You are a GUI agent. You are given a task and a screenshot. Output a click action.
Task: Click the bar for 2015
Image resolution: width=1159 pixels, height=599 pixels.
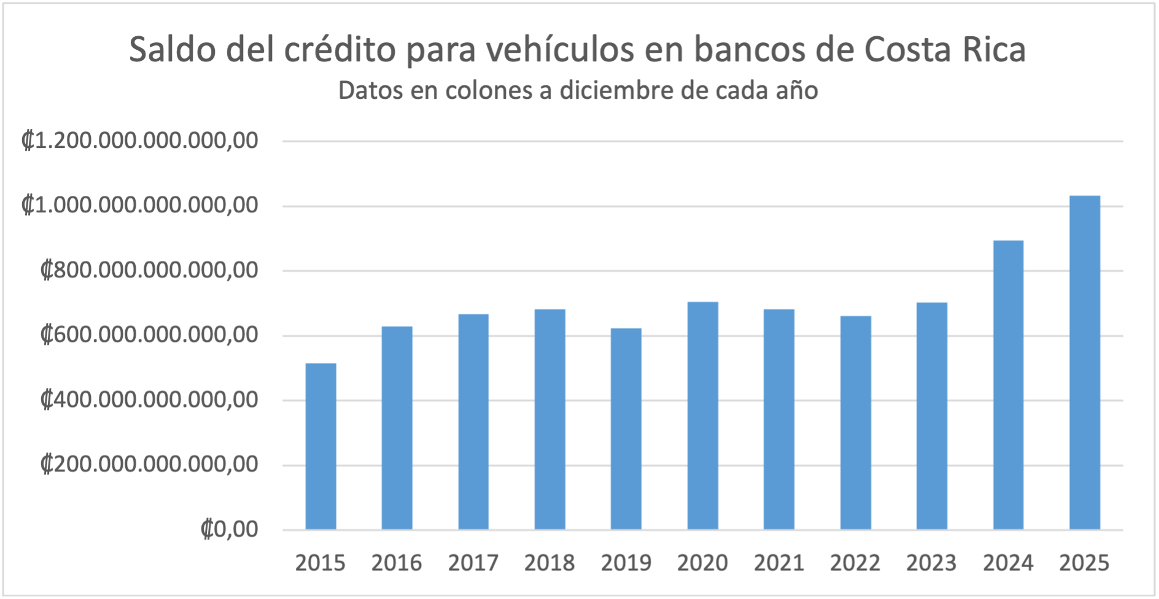pyautogui.click(x=320, y=446)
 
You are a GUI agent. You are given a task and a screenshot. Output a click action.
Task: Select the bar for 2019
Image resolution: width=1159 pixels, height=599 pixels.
pyautogui.click(x=626, y=429)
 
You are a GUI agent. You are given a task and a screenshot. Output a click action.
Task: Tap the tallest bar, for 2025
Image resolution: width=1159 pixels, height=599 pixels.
pyautogui.click(x=1084, y=363)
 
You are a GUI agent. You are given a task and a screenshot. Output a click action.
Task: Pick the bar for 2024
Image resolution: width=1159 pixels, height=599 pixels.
pyautogui.click(x=1008, y=385)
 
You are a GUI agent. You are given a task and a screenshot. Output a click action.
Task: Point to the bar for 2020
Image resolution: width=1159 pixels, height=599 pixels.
pyautogui.click(x=702, y=415)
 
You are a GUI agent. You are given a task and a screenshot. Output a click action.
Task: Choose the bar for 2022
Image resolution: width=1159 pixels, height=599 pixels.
pyautogui.click(x=855, y=423)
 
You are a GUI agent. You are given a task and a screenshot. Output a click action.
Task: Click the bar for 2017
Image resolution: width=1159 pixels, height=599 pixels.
pyautogui.click(x=473, y=422)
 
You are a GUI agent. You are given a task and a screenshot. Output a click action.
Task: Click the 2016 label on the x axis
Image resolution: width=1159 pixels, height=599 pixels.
pyautogui.click(x=397, y=563)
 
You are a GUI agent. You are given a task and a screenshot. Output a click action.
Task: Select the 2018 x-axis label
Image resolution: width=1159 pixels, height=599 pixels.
pyautogui.click(x=549, y=563)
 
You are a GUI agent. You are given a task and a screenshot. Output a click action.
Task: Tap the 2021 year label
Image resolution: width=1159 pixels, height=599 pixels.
pyautogui.click(x=779, y=563)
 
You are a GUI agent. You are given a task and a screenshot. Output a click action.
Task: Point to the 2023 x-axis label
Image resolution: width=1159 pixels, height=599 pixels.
pyautogui.click(x=931, y=563)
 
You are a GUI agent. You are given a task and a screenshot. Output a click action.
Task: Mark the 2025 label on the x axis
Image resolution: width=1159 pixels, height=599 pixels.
pyautogui.click(x=1084, y=563)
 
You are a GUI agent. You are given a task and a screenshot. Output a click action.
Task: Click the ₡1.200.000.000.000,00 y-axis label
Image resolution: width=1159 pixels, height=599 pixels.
pyautogui.click(x=140, y=141)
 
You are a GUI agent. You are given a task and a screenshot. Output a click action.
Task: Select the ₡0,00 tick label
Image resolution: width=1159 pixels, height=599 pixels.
pyautogui.click(x=229, y=529)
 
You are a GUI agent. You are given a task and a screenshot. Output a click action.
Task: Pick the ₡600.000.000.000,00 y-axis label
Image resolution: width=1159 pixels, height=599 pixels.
pyautogui.click(x=149, y=335)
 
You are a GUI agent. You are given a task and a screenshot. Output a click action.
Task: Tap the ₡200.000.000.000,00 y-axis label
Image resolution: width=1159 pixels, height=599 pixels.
pyautogui.click(x=149, y=465)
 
